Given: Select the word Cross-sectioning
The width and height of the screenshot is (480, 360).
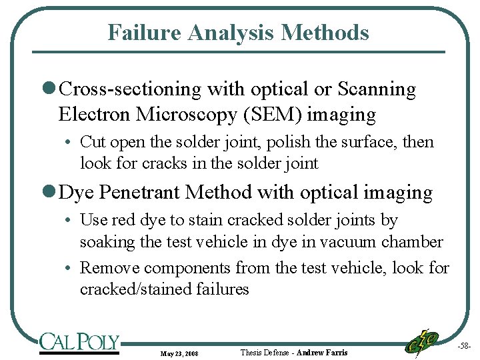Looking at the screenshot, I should coord(131,89).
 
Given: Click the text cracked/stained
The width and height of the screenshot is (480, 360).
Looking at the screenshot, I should coord(136,289).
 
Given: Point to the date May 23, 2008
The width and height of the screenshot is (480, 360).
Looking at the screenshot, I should coord(180,353).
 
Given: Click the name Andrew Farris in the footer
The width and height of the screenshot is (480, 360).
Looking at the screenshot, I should coord(322,352).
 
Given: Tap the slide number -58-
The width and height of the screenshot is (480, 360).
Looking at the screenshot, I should coord(465,347).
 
